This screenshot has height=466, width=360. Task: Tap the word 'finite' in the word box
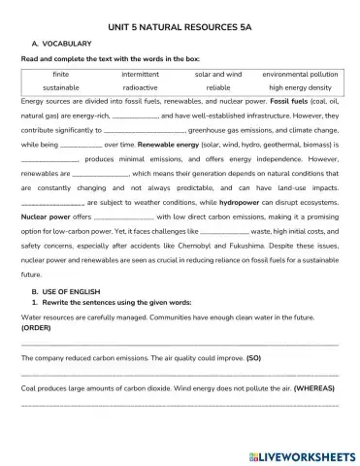(x=61, y=73)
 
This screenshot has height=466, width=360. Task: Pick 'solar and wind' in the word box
(x=217, y=73)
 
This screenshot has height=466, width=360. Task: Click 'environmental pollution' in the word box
(x=300, y=73)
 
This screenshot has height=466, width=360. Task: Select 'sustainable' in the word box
(x=61, y=86)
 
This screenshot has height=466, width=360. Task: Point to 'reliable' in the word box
(x=217, y=86)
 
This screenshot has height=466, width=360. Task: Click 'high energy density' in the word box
(x=300, y=86)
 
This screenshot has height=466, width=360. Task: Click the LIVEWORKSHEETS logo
(x=302, y=453)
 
